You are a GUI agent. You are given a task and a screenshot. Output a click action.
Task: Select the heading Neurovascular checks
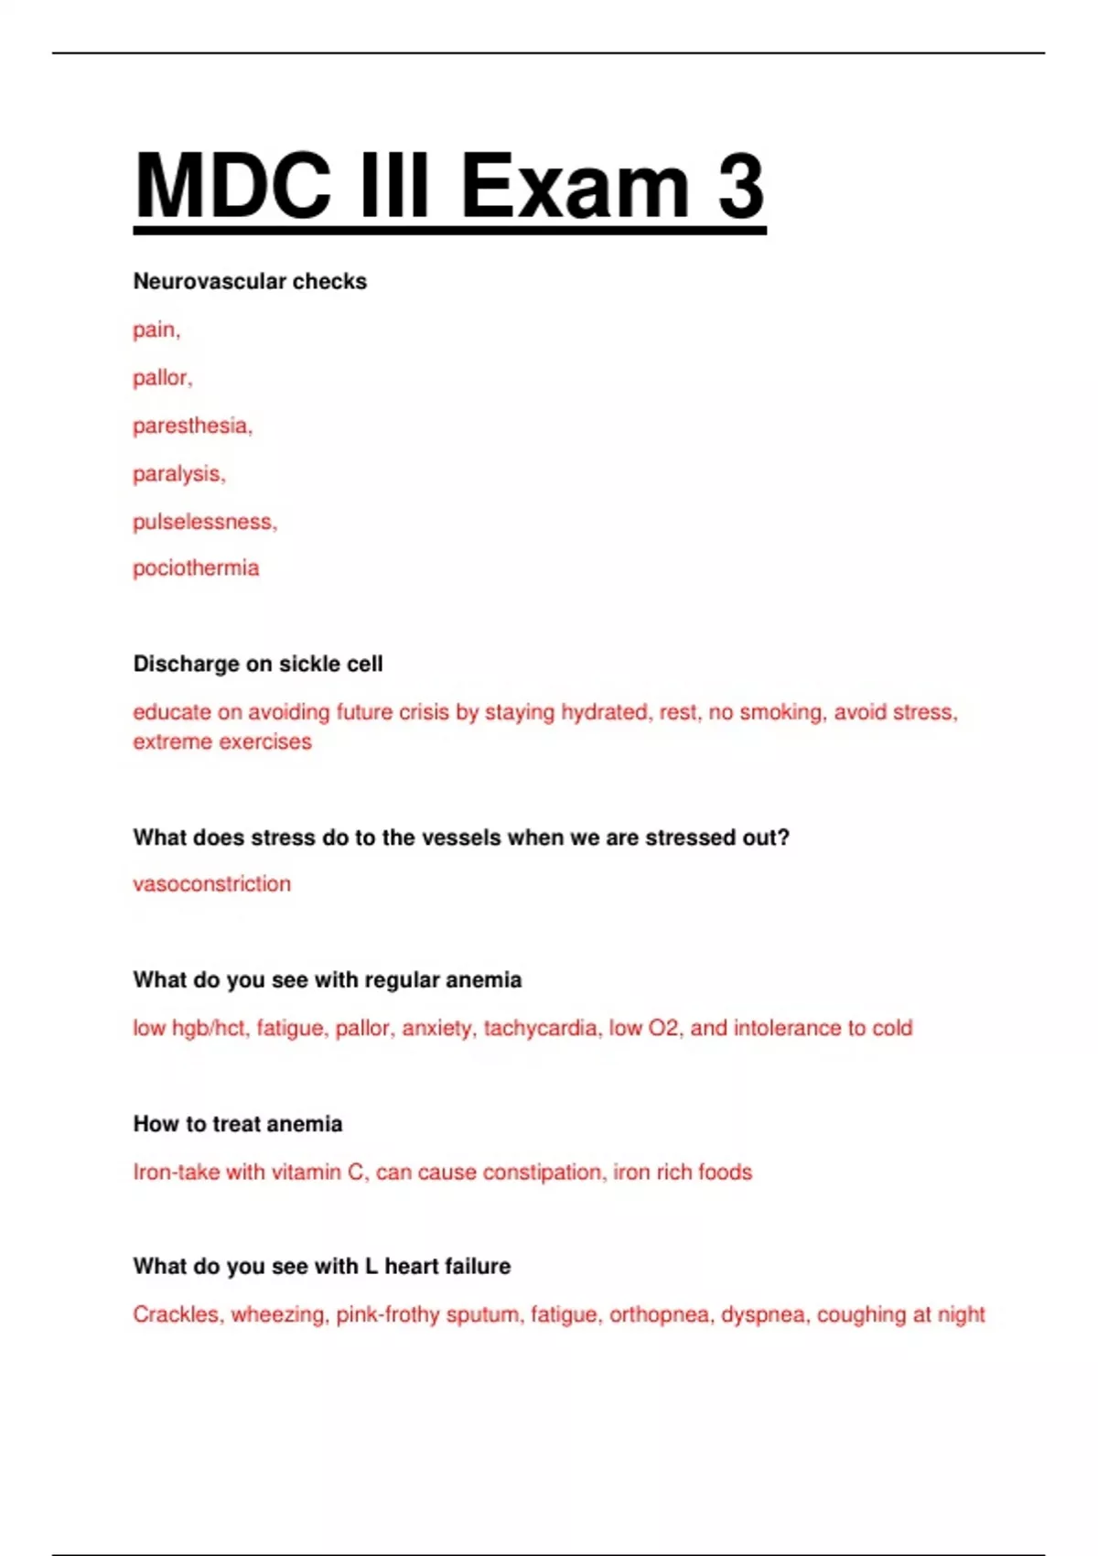[250, 281]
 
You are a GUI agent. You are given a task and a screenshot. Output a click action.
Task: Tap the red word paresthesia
[191, 426]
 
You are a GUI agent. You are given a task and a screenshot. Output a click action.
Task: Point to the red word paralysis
[178, 474]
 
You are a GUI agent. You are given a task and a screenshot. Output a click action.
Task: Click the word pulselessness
[204, 522]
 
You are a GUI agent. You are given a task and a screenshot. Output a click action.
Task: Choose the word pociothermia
[196, 568]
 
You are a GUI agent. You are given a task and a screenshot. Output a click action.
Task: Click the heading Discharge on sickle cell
[258, 664]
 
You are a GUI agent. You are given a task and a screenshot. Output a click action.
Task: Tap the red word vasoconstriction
[211, 884]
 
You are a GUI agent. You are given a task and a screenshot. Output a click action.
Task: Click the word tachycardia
[541, 1028]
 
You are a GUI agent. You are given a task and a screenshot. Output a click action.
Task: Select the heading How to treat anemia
[238, 1124]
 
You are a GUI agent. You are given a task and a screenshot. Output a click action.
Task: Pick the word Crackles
[177, 1315]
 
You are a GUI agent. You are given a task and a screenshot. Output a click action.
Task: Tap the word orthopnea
[660, 1315]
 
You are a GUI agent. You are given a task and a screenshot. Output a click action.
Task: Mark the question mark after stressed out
[783, 837]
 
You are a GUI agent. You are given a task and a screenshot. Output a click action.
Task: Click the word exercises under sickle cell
[264, 741]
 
